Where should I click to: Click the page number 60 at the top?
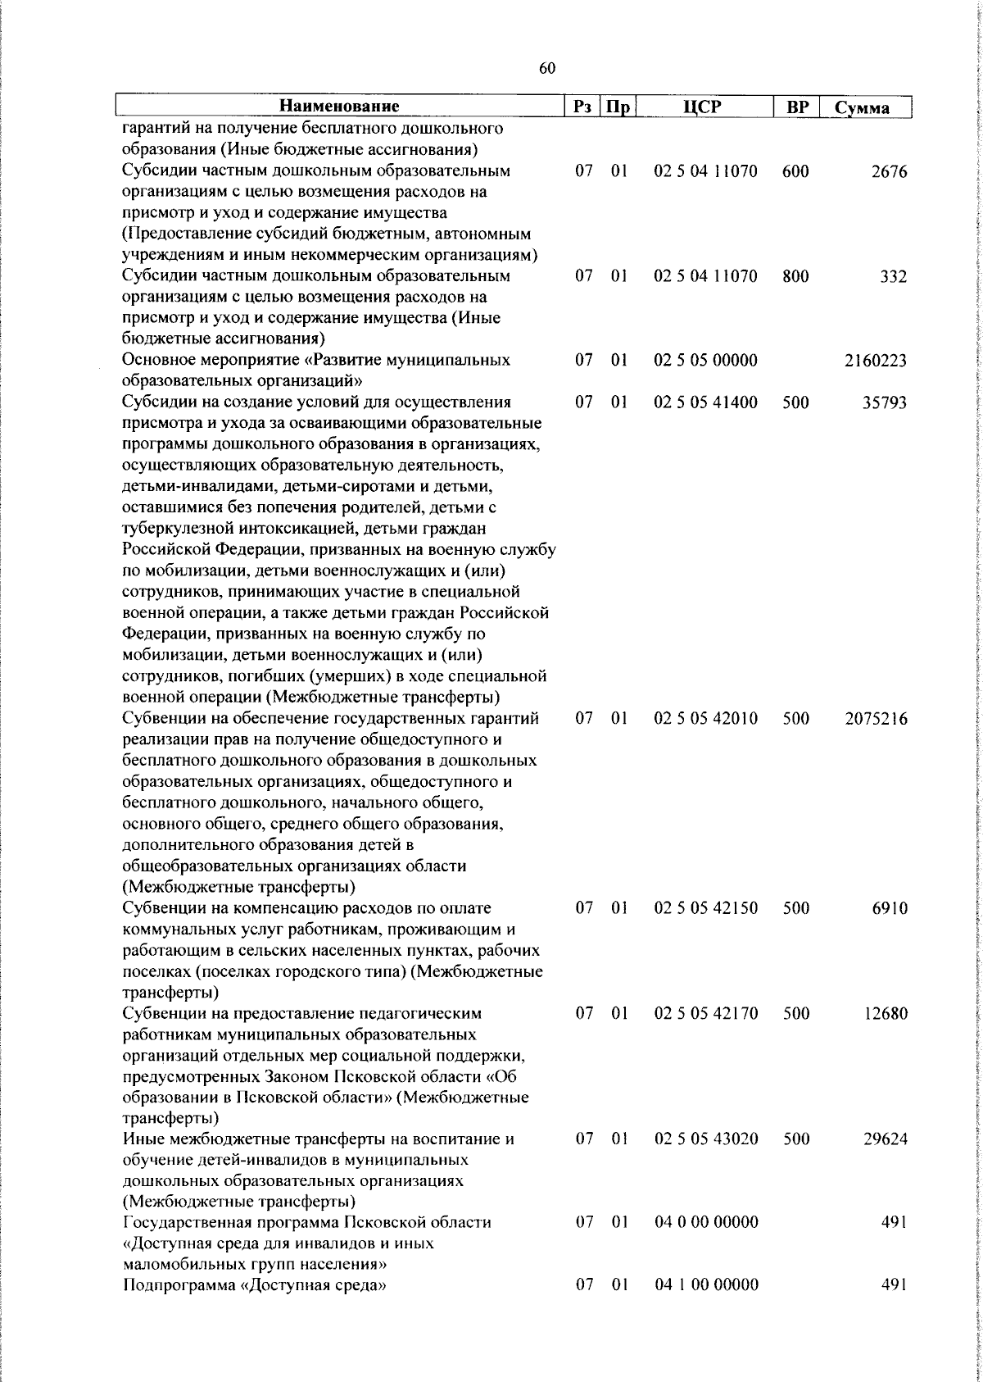coord(548,69)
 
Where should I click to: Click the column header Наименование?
coord(339,107)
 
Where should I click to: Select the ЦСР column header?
coord(705,107)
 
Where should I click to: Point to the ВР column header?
coord(797,107)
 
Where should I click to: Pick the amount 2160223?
coord(876,361)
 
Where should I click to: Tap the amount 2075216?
coord(876,719)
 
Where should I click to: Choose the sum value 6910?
coord(890,908)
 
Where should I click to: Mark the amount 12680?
coord(885,1013)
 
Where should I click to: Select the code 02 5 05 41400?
coord(706,402)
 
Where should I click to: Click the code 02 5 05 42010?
coord(706,719)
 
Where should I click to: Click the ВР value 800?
coord(795,277)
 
